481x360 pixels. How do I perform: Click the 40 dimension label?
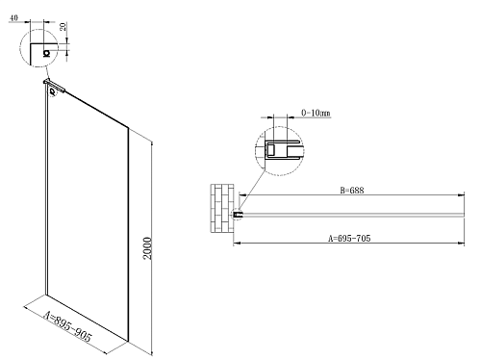coord(13,17)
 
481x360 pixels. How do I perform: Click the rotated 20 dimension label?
coord(63,26)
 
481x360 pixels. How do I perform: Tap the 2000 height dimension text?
coord(147,248)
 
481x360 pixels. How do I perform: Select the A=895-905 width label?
coord(67,326)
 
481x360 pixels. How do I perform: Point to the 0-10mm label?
coord(316,113)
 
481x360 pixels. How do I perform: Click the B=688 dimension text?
coord(352,191)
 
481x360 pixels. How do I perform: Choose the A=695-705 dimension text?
coord(349,239)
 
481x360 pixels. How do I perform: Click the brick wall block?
coord(222,208)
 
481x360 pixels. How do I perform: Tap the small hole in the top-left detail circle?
coord(47,53)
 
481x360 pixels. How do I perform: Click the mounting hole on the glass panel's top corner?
coord(52,92)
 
